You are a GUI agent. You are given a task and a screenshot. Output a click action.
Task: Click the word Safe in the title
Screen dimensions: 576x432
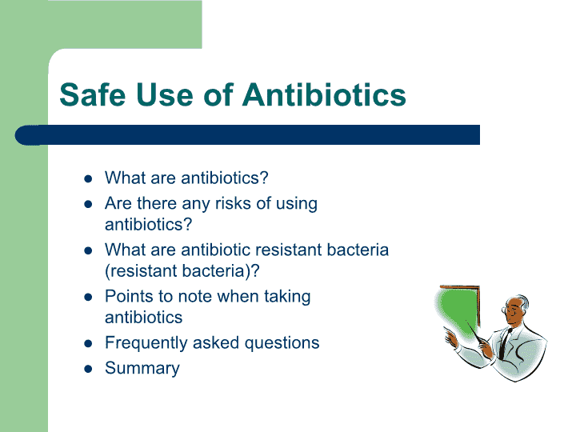coord(93,94)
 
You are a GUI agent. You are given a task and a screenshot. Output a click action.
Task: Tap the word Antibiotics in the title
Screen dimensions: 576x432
coord(324,94)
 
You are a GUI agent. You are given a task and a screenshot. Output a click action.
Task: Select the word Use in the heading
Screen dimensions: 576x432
coord(164,94)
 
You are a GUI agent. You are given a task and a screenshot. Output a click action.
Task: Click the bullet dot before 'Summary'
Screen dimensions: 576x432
coord(88,369)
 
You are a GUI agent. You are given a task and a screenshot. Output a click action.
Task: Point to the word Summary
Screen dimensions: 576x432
coord(142,368)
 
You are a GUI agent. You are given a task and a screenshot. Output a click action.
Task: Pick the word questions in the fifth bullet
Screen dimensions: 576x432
coord(282,343)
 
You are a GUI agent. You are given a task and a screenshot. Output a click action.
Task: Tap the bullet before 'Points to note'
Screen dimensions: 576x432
coord(88,297)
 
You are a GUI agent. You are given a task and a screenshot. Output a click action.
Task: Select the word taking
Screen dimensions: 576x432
coord(287,297)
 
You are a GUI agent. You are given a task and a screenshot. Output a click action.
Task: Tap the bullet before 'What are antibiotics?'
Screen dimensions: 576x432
coord(88,178)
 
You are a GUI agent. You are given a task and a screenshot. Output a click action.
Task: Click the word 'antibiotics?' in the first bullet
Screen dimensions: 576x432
coord(225,178)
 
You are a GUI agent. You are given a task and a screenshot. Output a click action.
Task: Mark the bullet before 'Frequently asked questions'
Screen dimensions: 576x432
coord(88,343)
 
